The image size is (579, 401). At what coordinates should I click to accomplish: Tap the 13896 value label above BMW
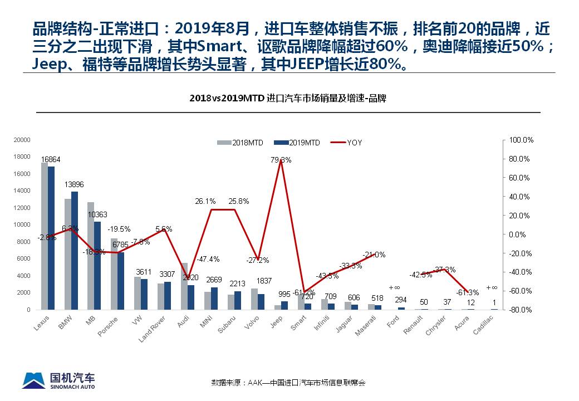[74, 184]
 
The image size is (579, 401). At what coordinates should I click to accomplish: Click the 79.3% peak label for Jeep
[281, 160]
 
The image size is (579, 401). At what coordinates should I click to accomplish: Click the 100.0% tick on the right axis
[522, 140]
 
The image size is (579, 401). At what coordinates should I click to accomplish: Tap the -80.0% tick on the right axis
[522, 310]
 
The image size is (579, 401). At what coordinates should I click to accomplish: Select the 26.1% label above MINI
[205, 201]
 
